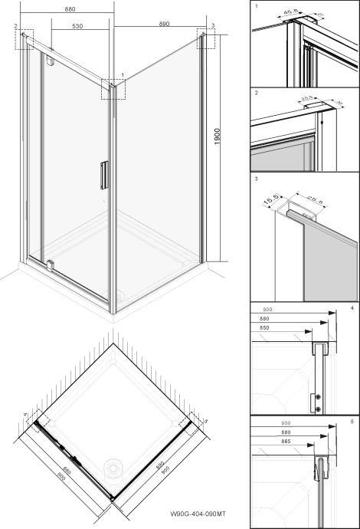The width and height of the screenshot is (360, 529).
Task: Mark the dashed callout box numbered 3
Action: pyautogui.click(x=206, y=40)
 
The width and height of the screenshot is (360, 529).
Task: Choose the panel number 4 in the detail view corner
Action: pyautogui.click(x=351, y=309)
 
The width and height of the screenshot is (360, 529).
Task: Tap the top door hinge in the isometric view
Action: pyautogui.click(x=51, y=61)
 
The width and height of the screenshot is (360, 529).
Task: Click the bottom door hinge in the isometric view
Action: pyautogui.click(x=51, y=264)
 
